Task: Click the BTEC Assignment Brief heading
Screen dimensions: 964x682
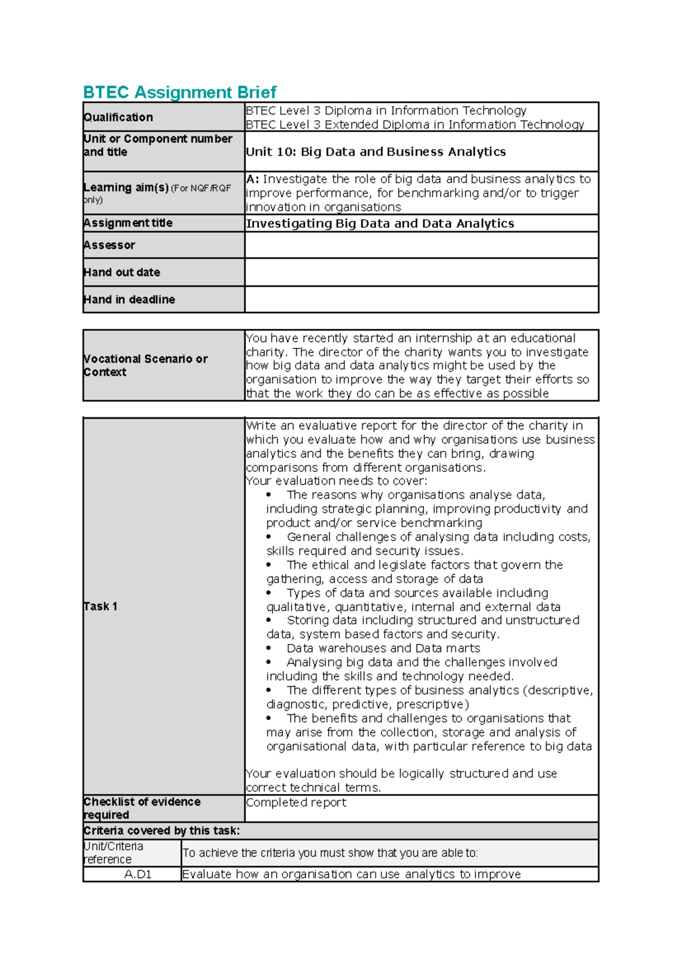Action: (x=180, y=92)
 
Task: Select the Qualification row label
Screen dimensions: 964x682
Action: (x=118, y=117)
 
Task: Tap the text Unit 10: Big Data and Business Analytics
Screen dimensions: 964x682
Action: (x=376, y=152)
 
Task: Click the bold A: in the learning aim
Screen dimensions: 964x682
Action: (x=252, y=179)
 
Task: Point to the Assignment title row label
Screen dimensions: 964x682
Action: (x=128, y=223)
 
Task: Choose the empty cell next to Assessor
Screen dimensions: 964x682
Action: (x=421, y=245)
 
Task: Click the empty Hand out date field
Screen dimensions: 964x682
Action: (x=421, y=272)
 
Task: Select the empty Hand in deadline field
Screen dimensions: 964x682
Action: (x=421, y=300)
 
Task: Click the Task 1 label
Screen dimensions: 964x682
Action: (x=101, y=606)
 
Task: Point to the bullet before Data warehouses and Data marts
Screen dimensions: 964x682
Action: (x=269, y=648)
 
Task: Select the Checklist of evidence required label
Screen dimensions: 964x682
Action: (x=142, y=808)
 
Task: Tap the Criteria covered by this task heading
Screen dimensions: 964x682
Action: (x=161, y=830)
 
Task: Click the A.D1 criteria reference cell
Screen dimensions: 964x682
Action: (x=138, y=874)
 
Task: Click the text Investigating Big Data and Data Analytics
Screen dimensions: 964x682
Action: (x=380, y=223)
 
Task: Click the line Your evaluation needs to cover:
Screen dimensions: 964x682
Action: (x=336, y=481)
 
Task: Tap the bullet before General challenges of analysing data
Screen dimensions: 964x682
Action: (x=269, y=537)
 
